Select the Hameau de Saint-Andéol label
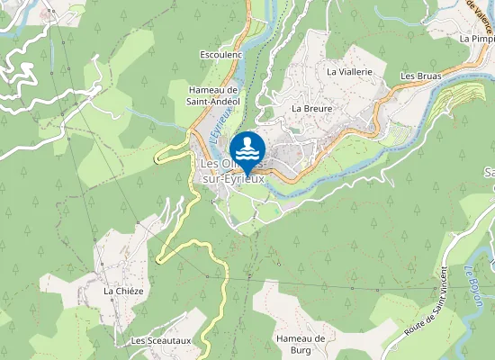coord(211,95)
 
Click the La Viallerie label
coord(349,70)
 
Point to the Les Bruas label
coord(420,76)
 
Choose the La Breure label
coord(311,108)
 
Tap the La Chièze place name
coord(123,291)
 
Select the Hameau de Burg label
coord(300,344)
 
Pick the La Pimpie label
coord(477,39)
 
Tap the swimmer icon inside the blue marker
coord(247,147)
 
